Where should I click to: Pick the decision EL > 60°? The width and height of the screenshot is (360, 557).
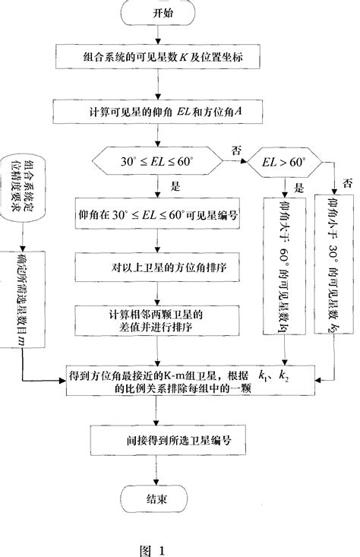point(283,163)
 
